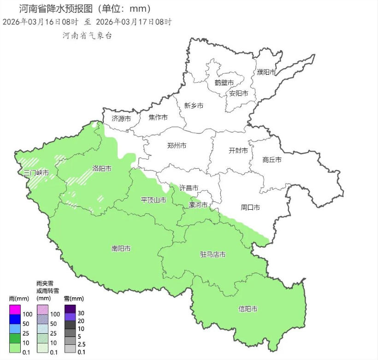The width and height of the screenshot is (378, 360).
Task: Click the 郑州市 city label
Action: click(177, 146)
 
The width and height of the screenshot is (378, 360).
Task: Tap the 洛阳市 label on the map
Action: click(102, 169)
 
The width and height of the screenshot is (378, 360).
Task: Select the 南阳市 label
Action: click(121, 248)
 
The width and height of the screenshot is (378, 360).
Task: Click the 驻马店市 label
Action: click(213, 254)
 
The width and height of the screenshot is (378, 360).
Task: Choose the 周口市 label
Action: click(250, 207)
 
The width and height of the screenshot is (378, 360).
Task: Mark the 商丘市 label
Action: click(272, 160)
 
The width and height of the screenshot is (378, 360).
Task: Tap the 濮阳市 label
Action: click(266, 72)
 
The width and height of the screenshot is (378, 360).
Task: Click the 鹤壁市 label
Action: click(224, 83)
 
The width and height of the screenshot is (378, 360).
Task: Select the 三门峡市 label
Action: click(36, 173)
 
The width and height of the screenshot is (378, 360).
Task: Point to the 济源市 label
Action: click(121, 118)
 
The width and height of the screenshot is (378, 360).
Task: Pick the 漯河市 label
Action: click(198, 205)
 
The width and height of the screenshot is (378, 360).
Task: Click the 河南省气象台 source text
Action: click(88, 35)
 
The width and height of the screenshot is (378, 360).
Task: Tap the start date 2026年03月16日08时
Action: click(41, 22)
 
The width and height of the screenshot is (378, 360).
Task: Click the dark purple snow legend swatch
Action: click(70, 309)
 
